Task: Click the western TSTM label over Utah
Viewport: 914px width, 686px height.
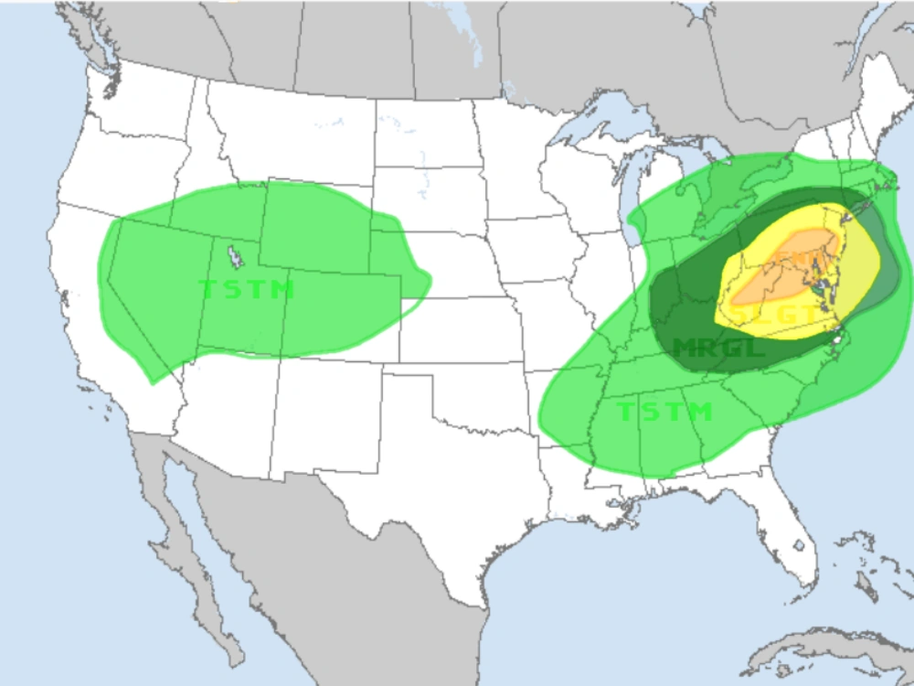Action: [247, 290]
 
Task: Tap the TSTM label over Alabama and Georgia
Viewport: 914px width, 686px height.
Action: [664, 412]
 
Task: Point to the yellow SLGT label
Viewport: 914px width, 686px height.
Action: [775, 314]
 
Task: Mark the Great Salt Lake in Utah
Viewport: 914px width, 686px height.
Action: [235, 255]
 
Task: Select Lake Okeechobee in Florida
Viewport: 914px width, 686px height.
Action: [798, 546]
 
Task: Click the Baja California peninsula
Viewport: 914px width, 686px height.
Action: [178, 540]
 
